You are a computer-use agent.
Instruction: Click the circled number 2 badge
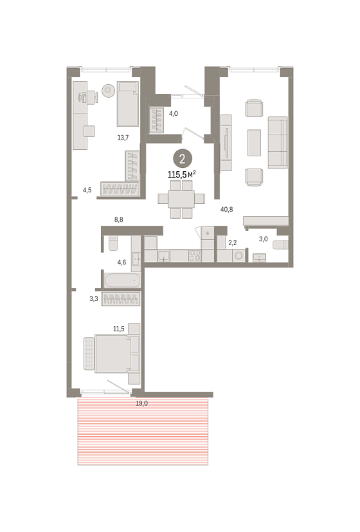(183, 159)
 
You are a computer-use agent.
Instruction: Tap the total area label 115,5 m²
(182, 175)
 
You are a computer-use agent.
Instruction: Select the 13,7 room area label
(123, 138)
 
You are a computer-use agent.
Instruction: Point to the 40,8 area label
(226, 209)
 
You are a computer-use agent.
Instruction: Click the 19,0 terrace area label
(141, 403)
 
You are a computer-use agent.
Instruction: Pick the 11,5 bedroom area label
(119, 329)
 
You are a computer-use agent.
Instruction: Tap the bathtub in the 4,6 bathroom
(122, 280)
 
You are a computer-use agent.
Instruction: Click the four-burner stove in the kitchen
(195, 255)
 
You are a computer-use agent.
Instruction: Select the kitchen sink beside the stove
(164, 256)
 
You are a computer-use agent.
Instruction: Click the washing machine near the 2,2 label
(239, 255)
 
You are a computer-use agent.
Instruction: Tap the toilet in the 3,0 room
(280, 244)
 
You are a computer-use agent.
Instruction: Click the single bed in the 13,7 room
(128, 104)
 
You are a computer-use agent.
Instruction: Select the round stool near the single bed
(108, 90)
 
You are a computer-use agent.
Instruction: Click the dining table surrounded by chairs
(181, 199)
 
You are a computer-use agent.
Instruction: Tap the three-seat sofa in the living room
(278, 143)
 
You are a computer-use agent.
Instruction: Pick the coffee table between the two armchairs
(254, 143)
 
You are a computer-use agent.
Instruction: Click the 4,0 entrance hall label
(173, 114)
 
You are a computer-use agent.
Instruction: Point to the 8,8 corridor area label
(119, 219)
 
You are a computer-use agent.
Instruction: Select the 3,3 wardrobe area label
(94, 298)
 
